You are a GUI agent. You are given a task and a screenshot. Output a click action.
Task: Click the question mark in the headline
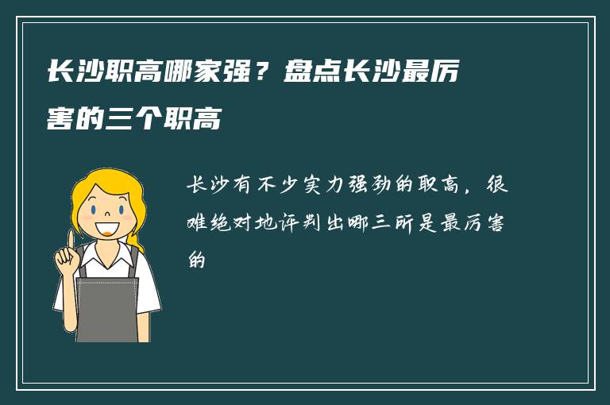258,74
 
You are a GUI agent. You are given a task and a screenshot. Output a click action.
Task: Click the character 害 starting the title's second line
60,121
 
